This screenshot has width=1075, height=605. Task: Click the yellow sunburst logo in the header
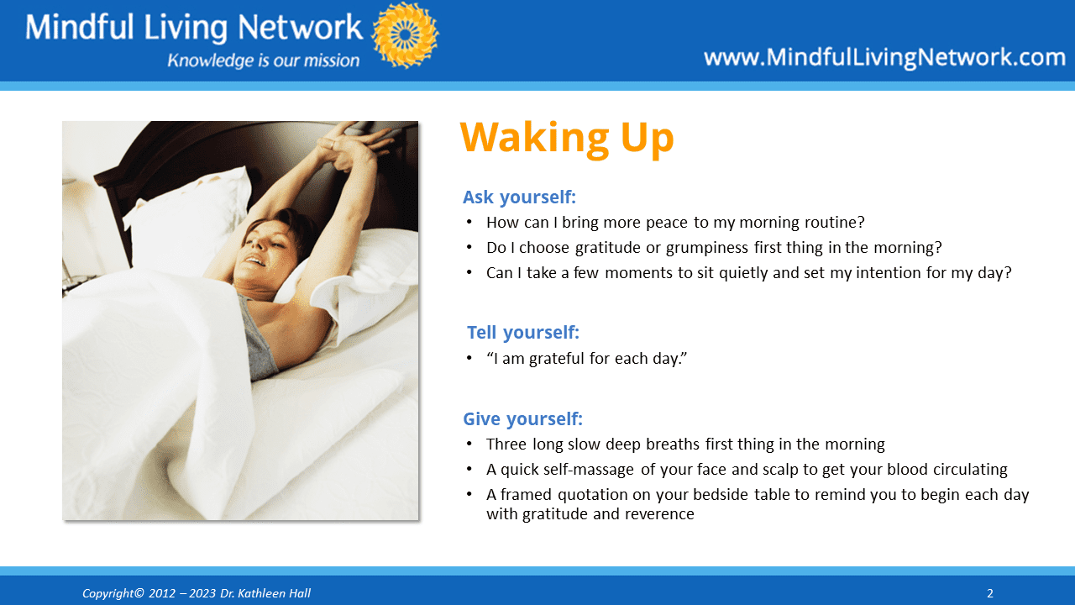pyautogui.click(x=405, y=35)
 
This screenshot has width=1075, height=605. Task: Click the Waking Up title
pyautogui.click(x=567, y=139)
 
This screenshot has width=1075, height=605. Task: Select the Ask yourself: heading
pyautogui.click(x=519, y=197)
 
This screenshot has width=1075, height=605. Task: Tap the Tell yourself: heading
pyautogui.click(x=523, y=332)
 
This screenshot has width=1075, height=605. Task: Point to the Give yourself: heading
pyautogui.click(x=522, y=418)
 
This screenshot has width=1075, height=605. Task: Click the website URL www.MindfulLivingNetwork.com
pyautogui.click(x=884, y=58)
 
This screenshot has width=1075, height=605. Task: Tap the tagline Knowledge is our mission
pyautogui.click(x=263, y=60)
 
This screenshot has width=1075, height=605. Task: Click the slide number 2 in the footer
pyautogui.click(x=989, y=593)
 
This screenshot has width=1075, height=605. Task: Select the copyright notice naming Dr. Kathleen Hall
pyautogui.click(x=197, y=593)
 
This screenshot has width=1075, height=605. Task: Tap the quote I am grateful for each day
pyautogui.click(x=586, y=359)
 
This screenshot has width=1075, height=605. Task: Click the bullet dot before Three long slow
pyautogui.click(x=469, y=445)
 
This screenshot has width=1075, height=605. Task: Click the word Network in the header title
pyautogui.click(x=300, y=28)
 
